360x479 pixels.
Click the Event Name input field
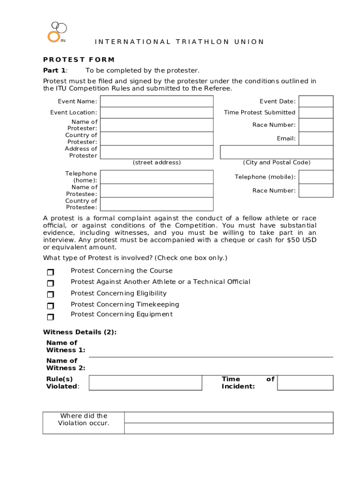pos(157,102)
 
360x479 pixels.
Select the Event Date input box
pos(316,102)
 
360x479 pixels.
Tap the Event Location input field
pos(157,113)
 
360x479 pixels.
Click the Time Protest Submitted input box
pos(316,113)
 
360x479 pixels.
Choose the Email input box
pos(316,138)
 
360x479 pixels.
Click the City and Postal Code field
pos(277,152)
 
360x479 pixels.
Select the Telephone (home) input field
pos(157,177)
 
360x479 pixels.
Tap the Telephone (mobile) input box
pos(316,177)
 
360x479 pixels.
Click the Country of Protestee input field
pos(157,204)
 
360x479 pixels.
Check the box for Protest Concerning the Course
pos(50,272)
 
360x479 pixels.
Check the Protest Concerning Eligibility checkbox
pos(50,295)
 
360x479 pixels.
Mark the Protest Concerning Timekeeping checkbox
pos(50,306)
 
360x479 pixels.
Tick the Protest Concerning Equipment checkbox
pos(50,317)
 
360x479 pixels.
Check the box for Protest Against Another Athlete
pos(50,283)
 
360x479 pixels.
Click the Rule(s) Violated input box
pos(145,383)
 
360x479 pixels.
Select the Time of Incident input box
pos(305,383)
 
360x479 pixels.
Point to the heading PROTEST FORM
pos(79,59)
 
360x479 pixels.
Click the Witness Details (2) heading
pos(79,332)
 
